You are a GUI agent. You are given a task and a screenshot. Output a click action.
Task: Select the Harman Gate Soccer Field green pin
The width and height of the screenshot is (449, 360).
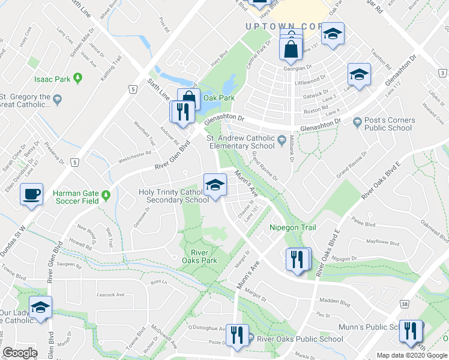[106, 194]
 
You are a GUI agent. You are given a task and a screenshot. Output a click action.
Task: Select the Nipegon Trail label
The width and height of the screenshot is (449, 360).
[292, 228]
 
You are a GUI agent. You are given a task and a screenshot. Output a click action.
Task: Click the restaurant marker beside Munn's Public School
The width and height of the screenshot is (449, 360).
[412, 332]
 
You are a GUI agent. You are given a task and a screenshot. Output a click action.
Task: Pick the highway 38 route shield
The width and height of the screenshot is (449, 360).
[406, 305]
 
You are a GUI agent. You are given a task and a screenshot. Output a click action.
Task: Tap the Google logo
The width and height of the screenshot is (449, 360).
[20, 353]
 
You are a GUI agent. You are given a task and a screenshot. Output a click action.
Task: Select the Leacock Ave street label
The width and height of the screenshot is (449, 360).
[110, 295]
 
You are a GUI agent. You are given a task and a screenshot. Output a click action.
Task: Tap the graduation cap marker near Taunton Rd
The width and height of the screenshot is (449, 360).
[359, 75]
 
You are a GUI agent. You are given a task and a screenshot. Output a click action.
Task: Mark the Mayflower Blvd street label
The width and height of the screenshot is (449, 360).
[382, 243]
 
